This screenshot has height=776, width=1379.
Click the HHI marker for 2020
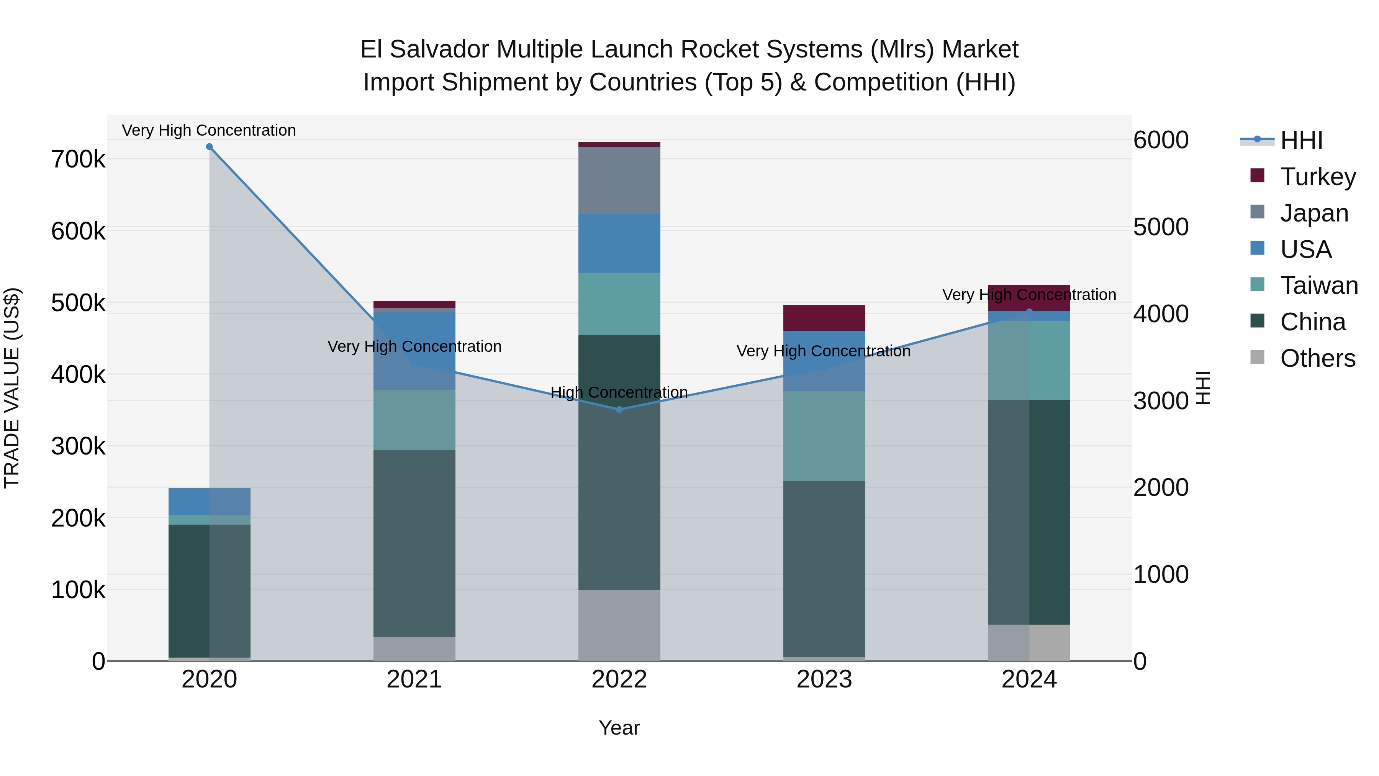(209, 147)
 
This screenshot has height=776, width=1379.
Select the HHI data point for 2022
(619, 410)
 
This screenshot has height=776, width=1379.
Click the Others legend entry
(1317, 358)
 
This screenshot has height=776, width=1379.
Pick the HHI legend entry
(1301, 140)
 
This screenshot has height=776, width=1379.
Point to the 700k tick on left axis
(78, 159)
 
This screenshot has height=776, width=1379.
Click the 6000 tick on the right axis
(1161, 140)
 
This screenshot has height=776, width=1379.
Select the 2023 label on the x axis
(824, 679)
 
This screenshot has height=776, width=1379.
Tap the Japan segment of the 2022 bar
(619, 180)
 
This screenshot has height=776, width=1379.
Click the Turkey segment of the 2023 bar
(824, 318)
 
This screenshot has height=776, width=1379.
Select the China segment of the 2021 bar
(414, 543)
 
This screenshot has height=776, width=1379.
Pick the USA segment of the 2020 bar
(209, 501)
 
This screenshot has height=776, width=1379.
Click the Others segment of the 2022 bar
(619, 625)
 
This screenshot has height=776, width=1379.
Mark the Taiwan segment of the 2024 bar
(1029, 361)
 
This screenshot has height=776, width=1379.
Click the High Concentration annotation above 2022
(619, 392)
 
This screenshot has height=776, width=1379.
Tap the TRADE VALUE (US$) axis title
(12, 388)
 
